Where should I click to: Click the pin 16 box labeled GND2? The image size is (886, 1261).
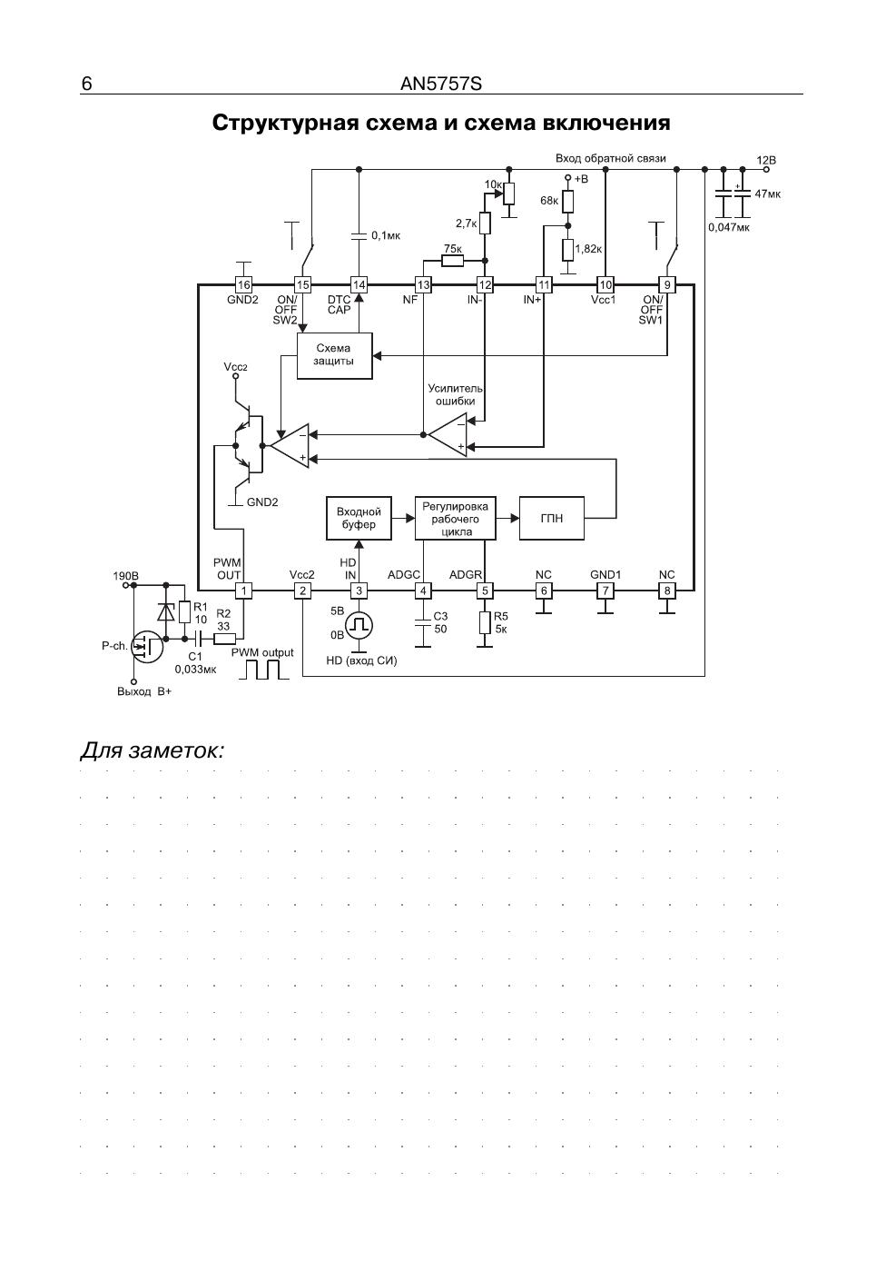243,285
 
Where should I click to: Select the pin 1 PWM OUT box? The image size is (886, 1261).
243,591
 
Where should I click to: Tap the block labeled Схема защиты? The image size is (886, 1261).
334,356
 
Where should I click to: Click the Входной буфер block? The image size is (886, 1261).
359,519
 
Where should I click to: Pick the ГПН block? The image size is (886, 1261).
551,519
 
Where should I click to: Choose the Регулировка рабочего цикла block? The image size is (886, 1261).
455,519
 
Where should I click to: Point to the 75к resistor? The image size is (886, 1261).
452,261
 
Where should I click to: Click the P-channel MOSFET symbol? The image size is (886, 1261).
147,647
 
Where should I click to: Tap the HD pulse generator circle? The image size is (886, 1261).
359,625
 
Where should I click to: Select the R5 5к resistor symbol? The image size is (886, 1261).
485,623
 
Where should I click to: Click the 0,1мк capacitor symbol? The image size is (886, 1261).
359,235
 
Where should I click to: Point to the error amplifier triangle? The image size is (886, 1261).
448,434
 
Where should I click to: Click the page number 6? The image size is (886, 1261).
86,84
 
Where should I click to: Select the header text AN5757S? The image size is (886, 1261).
441,84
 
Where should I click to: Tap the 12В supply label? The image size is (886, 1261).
765,161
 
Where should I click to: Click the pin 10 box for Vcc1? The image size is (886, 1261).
605,285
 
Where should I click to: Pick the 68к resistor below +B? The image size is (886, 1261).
568,201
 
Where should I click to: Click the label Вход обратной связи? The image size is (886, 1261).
610,158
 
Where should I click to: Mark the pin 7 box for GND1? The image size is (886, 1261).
605,591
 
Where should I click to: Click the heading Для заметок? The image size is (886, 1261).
153,750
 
